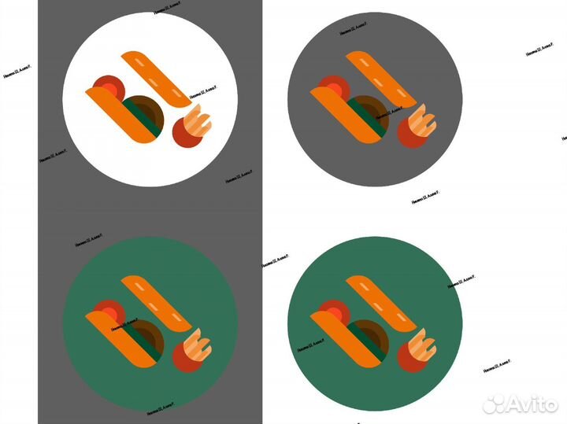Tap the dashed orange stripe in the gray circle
pos(381,78)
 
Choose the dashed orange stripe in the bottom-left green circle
pos(155,303)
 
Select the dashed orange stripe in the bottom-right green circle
pos(382,303)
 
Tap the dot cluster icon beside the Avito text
pos(494,404)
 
